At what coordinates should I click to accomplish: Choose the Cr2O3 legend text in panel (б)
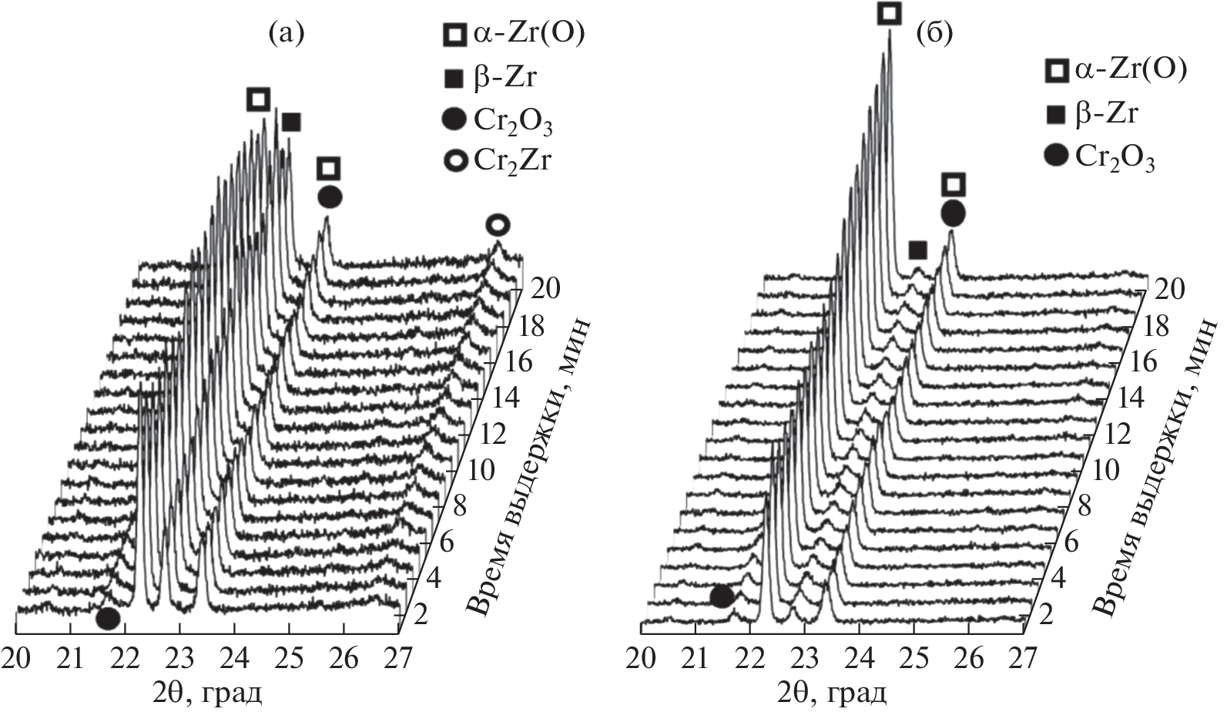pyautogui.click(x=1115, y=156)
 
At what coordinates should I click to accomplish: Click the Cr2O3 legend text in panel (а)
pyautogui.click(x=514, y=119)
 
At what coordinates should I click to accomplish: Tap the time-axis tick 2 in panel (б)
pyautogui.click(x=1045, y=614)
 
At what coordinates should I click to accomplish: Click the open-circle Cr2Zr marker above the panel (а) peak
pyautogui.click(x=498, y=225)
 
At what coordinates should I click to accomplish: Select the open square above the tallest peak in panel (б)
pyautogui.click(x=890, y=13)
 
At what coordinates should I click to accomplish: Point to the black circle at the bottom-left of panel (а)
pyautogui.click(x=108, y=618)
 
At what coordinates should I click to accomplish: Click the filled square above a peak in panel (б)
pyautogui.click(x=917, y=250)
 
